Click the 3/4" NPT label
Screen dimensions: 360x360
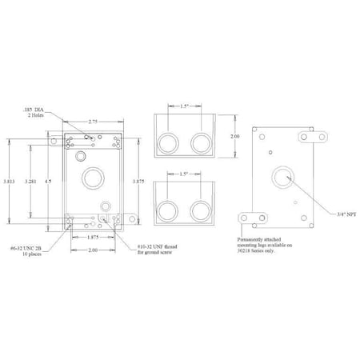tap(326, 213)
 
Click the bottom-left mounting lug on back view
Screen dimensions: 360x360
tap(254, 218)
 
